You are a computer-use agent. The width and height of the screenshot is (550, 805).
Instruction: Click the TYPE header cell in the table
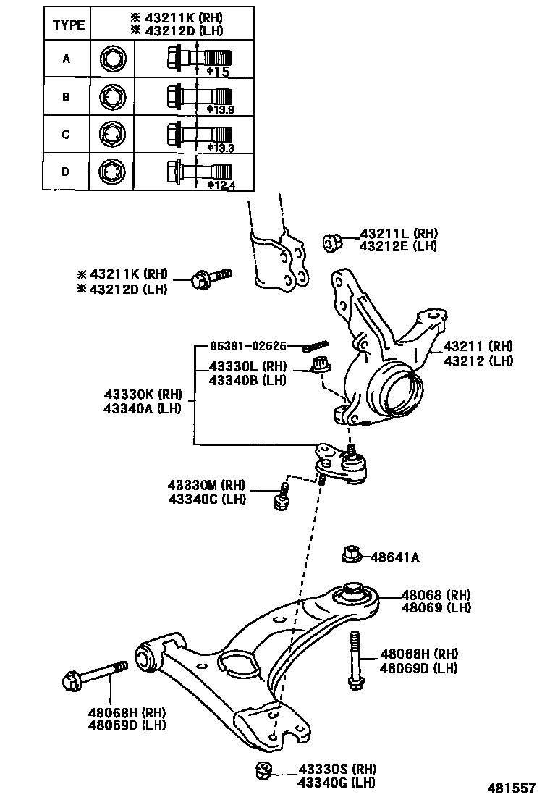[69, 25]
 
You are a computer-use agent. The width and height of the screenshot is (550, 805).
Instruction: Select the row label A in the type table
[66, 59]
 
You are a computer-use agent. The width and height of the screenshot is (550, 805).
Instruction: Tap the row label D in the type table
[66, 172]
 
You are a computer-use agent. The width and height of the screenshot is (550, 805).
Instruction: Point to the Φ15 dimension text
[218, 72]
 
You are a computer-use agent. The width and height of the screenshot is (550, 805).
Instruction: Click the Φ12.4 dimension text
[221, 185]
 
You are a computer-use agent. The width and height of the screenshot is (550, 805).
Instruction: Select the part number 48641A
[395, 557]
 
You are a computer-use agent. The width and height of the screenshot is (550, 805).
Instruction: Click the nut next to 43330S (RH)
[263, 772]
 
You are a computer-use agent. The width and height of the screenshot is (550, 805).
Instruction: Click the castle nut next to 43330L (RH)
[321, 364]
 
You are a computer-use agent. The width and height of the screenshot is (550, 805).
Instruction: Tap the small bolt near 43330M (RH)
[282, 500]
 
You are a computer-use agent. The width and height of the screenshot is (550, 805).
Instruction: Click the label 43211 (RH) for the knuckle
[478, 346]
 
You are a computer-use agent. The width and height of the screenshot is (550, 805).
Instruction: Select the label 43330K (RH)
[141, 395]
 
